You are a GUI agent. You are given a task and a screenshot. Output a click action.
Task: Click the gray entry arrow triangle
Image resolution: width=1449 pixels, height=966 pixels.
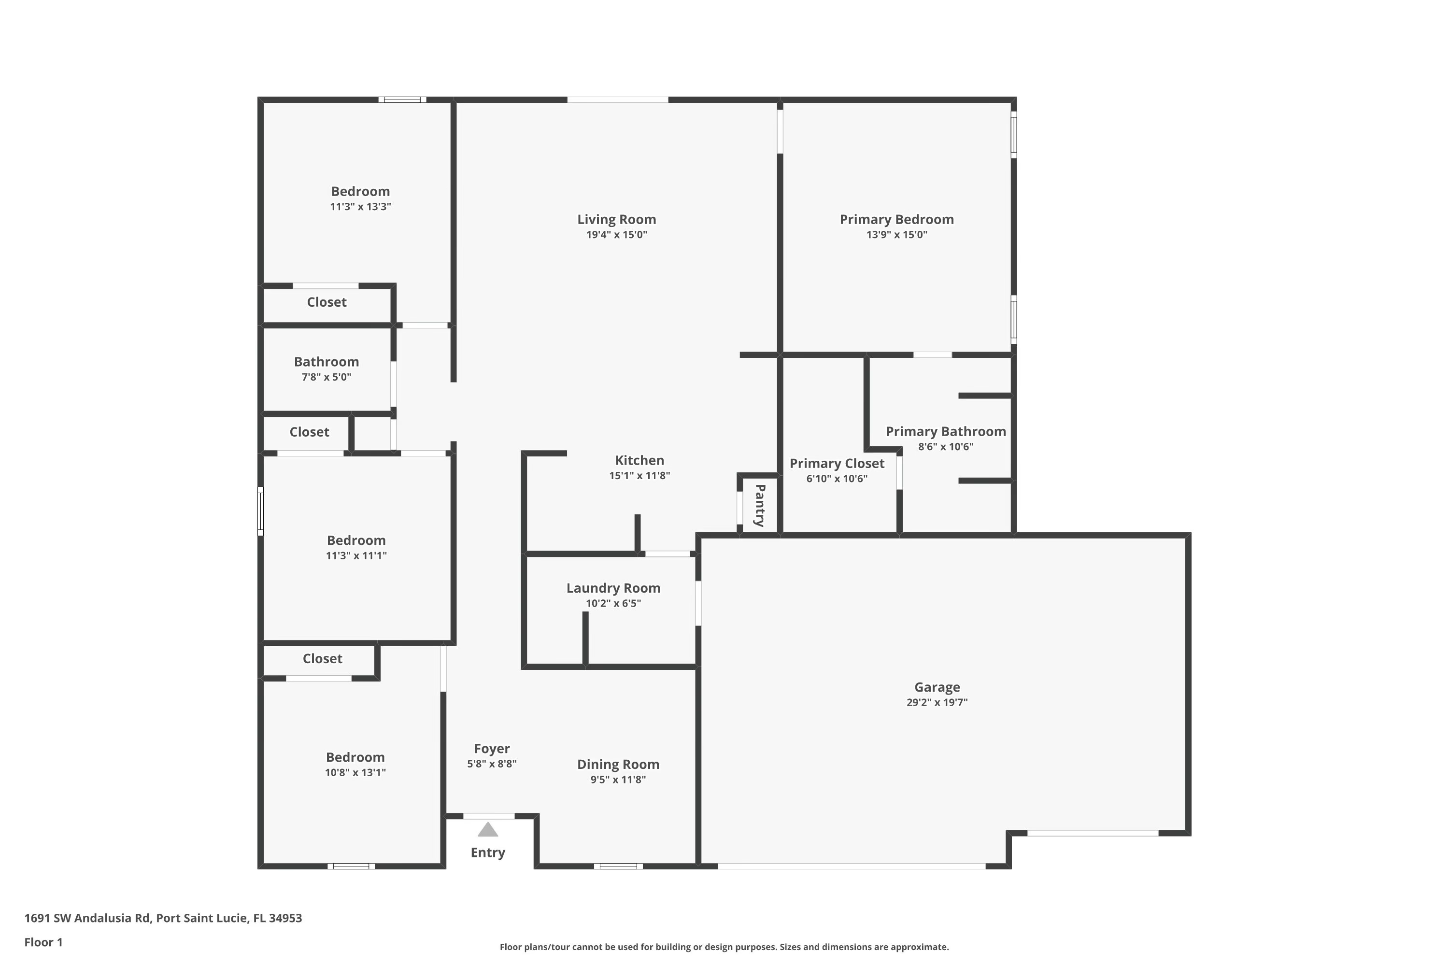[x=487, y=830]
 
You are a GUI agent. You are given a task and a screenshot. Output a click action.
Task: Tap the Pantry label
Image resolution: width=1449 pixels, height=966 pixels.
[x=760, y=506]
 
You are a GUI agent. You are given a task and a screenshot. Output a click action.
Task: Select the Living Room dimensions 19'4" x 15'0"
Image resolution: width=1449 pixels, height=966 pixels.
[x=616, y=235]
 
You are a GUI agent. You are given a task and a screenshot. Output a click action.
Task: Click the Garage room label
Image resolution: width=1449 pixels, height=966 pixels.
[x=937, y=687]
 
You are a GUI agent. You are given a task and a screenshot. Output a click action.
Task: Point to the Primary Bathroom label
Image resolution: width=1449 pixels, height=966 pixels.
[x=945, y=432]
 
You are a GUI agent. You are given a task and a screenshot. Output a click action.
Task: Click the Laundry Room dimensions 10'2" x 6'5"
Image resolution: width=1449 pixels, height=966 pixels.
[x=613, y=604]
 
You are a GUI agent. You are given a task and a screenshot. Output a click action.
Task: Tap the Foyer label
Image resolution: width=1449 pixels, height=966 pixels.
[x=492, y=749]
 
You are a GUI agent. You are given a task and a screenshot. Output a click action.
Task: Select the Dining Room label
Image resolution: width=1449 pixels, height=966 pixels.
[x=618, y=765]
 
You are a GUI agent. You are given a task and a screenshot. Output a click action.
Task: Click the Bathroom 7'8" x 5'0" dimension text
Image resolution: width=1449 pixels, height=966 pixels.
[x=326, y=377]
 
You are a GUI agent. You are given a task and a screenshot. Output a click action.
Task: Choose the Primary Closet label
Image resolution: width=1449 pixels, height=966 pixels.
[x=837, y=463]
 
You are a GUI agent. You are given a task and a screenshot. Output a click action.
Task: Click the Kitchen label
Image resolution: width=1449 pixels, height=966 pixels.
[x=639, y=460]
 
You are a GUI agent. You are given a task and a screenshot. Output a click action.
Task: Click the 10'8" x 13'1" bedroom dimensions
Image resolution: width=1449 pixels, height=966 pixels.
[x=355, y=772]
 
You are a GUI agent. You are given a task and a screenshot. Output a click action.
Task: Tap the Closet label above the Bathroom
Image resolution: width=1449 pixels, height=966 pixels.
[x=327, y=302]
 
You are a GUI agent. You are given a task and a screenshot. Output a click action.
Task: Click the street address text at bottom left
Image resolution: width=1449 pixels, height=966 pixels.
[x=163, y=918]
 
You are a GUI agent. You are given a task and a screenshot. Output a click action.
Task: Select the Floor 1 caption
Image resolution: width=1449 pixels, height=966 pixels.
[x=43, y=942]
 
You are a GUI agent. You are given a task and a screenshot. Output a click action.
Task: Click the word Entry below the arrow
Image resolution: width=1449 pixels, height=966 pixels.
[x=487, y=852]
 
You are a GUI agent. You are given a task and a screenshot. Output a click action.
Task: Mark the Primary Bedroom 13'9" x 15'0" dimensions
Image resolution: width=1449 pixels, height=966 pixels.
[x=896, y=235]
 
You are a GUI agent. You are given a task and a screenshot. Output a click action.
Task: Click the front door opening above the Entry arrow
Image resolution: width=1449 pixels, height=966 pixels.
[x=488, y=816]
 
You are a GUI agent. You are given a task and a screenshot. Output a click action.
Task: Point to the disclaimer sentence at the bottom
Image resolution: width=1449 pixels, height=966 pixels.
[x=724, y=947]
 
